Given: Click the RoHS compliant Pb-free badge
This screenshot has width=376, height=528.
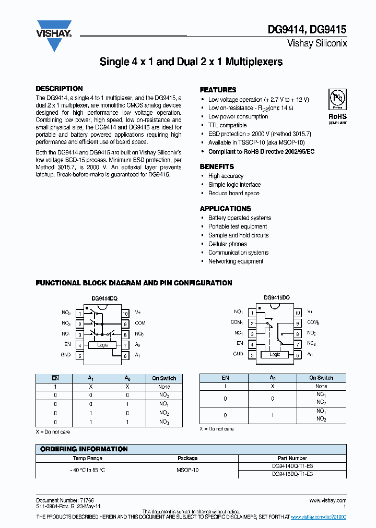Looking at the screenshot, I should tap(337, 106).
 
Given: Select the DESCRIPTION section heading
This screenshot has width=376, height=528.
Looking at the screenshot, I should tap(59, 89).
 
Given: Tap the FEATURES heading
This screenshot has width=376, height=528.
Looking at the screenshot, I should tap(218, 90).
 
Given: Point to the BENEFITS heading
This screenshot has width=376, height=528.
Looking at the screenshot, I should tap(217, 166).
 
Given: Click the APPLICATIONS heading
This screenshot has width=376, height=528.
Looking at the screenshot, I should tap(225, 209).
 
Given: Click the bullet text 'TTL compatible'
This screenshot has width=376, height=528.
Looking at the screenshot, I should tap(227, 125).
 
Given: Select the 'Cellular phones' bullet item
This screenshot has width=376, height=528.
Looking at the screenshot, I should tap(227, 244).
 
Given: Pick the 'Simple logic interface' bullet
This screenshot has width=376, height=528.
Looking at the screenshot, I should tap(234, 185).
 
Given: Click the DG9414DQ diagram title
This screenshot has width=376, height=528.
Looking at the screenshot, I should tap(104, 299).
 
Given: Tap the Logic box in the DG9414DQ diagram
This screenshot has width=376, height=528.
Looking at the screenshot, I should tap(102, 345).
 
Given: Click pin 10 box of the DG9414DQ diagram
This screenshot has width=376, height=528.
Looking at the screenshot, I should tap(125, 314).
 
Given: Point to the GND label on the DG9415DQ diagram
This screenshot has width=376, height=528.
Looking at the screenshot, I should tap(238, 354).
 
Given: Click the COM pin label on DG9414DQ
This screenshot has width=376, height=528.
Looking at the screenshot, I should tap(140, 323).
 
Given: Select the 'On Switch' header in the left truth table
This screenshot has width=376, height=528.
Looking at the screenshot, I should tap(164, 378).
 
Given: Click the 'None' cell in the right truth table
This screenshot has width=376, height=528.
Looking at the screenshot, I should tap(321, 386).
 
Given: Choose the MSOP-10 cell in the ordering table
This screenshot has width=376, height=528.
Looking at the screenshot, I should tap(187, 470).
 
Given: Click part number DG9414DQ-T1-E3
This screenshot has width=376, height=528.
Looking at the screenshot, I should tap(292, 465).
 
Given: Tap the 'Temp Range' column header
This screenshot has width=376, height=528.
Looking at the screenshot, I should tap(88, 458).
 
